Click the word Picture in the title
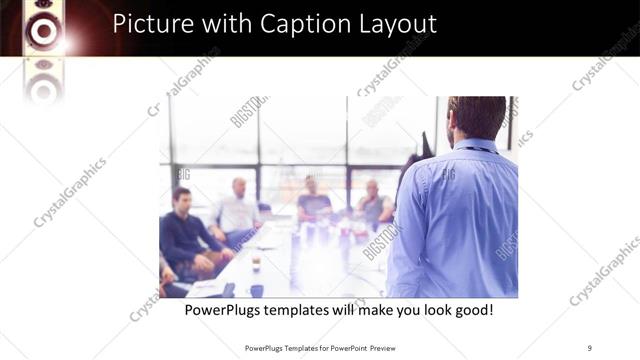tap(151, 23)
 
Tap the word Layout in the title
tap(391, 23)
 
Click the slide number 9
tap(589, 347)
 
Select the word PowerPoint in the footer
tap(345, 347)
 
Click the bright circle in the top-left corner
tap(43, 32)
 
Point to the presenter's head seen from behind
tap(476, 117)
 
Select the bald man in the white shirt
tap(238, 207)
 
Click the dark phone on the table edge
tap(229, 290)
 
